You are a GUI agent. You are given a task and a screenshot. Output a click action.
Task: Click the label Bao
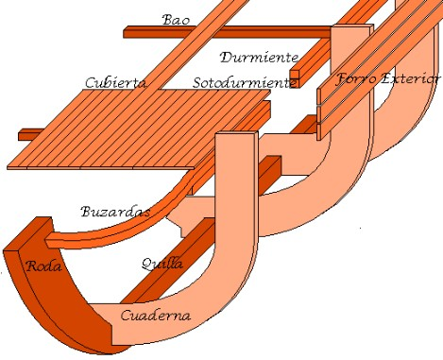click(x=176, y=20)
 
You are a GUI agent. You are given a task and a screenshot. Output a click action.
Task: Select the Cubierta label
click(x=115, y=83)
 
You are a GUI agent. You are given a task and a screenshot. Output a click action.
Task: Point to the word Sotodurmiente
click(x=243, y=83)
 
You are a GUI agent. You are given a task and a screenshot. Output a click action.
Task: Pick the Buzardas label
click(x=115, y=212)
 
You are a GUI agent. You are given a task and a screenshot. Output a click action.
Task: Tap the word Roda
click(x=44, y=266)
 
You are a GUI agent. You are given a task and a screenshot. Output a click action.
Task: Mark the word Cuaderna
click(x=156, y=315)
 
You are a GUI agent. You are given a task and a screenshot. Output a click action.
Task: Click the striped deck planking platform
click(x=142, y=132)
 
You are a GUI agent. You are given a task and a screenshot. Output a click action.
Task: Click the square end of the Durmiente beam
click(x=295, y=75)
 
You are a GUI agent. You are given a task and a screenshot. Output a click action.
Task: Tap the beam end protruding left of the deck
click(x=31, y=134)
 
